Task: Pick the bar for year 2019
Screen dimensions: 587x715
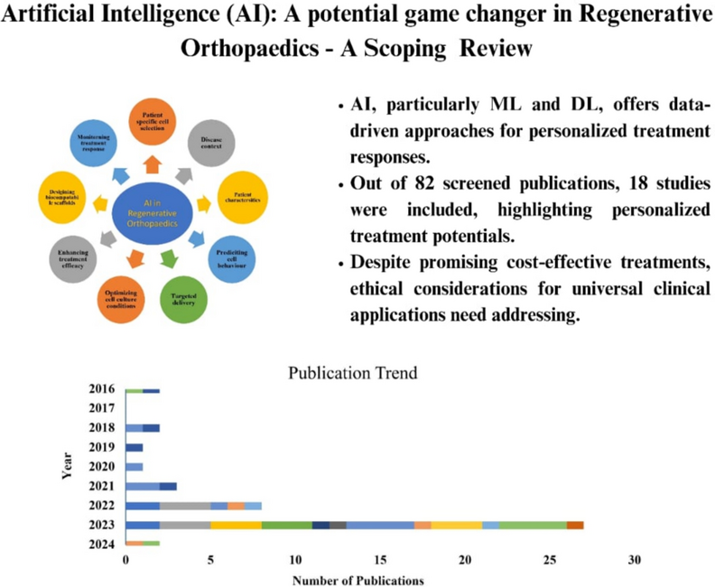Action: pos(135,447)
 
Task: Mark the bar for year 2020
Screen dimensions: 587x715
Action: pos(135,466)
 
